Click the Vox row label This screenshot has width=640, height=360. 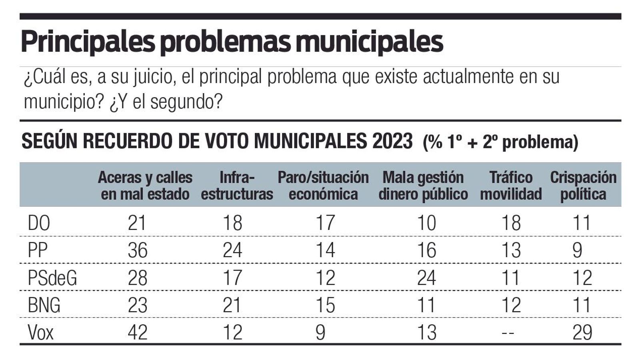40,332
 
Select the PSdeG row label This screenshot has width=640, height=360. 52,278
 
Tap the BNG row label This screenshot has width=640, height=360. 44,306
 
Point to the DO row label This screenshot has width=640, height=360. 39,223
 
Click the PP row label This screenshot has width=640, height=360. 38,250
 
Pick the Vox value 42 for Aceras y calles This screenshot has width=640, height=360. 138,332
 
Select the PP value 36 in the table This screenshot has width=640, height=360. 138,250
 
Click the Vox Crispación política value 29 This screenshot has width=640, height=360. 582,332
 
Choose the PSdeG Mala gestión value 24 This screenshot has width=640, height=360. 426,278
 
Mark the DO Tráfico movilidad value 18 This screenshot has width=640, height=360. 511,223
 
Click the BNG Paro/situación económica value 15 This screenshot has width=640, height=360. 325,306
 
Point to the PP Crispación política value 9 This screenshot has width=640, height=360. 577,250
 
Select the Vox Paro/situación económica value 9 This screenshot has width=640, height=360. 320,332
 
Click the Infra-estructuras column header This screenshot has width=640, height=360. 237,186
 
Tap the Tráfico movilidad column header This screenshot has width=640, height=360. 511,186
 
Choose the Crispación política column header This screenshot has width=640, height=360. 583,186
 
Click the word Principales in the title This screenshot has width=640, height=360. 87,42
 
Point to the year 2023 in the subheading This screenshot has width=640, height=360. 392,141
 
